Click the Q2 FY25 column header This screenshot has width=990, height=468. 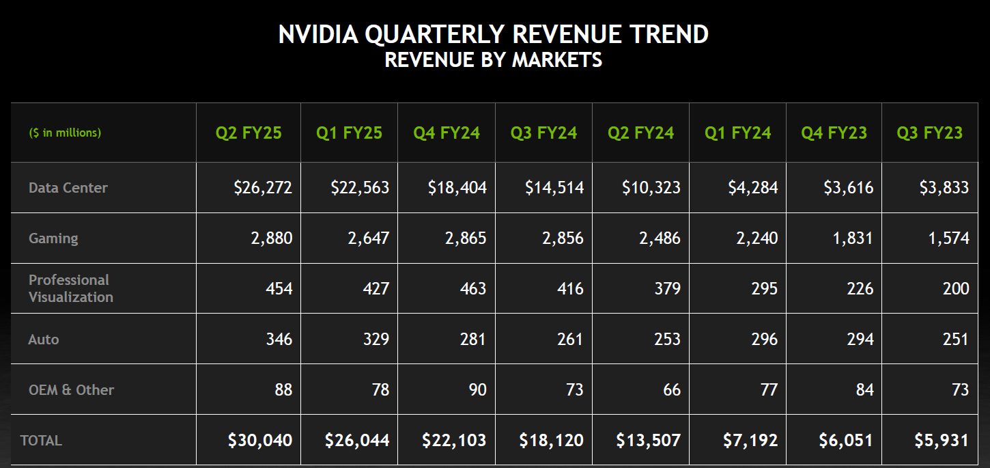click(248, 133)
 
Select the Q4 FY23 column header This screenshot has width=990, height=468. click(834, 133)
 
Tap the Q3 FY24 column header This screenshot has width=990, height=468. click(543, 133)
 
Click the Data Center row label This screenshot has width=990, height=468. click(68, 187)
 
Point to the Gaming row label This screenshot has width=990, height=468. click(53, 238)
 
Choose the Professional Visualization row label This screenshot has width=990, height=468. click(70, 288)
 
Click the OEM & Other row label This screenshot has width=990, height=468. click(71, 389)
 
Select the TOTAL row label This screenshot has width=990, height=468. click(41, 441)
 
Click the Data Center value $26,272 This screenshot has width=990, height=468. click(263, 187)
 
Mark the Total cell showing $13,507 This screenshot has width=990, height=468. click(648, 441)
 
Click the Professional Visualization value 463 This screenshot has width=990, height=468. click(473, 288)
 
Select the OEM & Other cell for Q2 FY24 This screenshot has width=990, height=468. click(672, 389)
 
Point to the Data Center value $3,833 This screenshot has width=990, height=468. click(944, 187)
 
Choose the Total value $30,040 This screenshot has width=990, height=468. click(260, 441)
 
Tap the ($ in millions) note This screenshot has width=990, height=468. click(65, 133)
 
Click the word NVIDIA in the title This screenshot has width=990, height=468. click(317, 34)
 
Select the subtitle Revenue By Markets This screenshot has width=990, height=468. click(494, 60)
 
